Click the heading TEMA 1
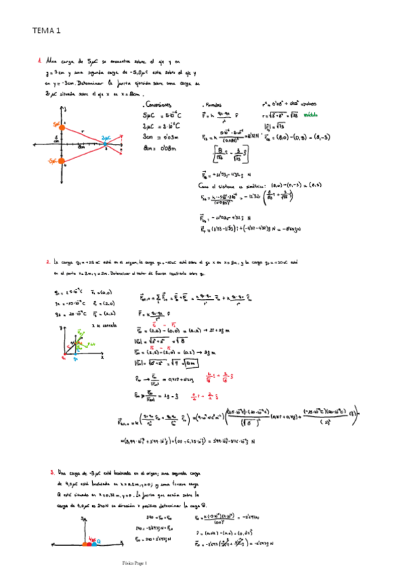coord(46,30)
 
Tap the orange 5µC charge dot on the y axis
coord(62,126)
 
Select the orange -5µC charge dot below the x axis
coord(62,161)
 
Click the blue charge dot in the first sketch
coord(106,144)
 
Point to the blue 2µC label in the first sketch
coord(106,137)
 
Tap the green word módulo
coord(312,115)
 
